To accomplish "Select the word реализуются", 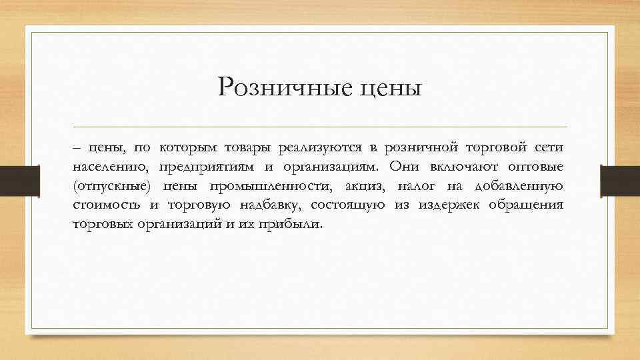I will (314, 146).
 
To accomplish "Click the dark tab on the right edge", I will (620, 178).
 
